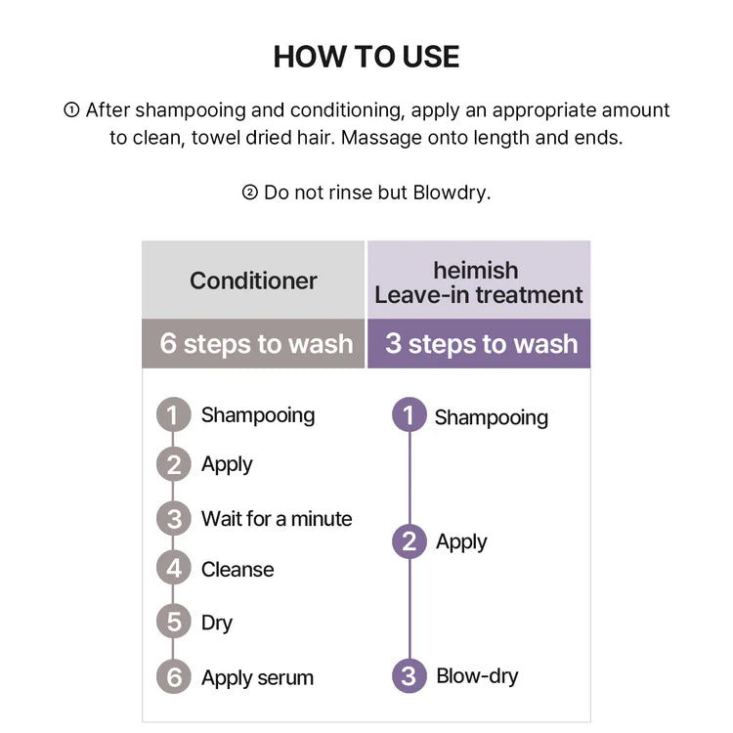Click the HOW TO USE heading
point(366,57)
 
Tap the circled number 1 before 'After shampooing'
point(71,110)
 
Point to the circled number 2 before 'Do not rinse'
point(250,193)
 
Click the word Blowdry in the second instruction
point(451,193)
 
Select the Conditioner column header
point(253,280)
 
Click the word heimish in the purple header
point(476,270)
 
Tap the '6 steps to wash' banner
point(253,344)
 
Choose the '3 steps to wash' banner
point(479,344)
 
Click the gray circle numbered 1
point(173,414)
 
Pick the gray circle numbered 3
point(173,518)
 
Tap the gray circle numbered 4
point(173,569)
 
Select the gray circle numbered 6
point(173,677)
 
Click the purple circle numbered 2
point(410,541)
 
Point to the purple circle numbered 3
point(410,676)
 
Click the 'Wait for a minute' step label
point(277,518)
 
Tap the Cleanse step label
point(237,570)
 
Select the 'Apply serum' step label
point(257,678)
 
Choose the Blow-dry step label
point(477,676)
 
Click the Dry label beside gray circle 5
point(216,624)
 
